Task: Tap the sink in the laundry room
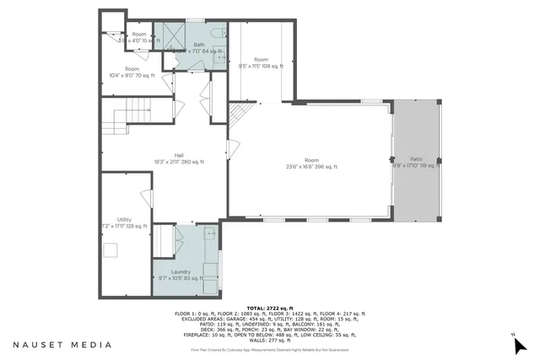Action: [209, 232]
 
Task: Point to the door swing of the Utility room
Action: [146, 200]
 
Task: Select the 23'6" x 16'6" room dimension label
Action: [310, 167]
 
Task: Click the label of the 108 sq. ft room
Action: [261, 62]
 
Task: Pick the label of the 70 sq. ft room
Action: [132, 72]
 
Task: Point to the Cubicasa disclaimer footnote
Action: [269, 349]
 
